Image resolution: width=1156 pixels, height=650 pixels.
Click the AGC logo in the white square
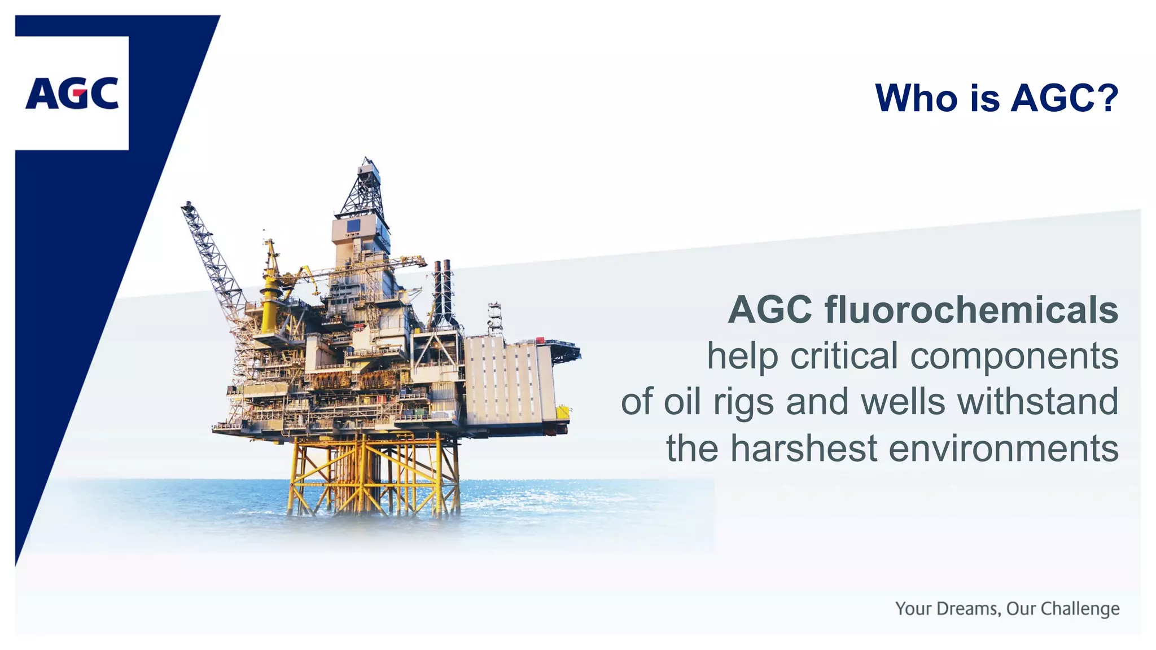pos(72,93)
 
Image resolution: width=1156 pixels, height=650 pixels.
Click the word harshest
pos(804,449)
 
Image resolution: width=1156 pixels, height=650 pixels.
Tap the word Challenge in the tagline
pos(1080,609)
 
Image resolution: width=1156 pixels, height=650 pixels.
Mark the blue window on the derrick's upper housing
pos(353,226)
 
